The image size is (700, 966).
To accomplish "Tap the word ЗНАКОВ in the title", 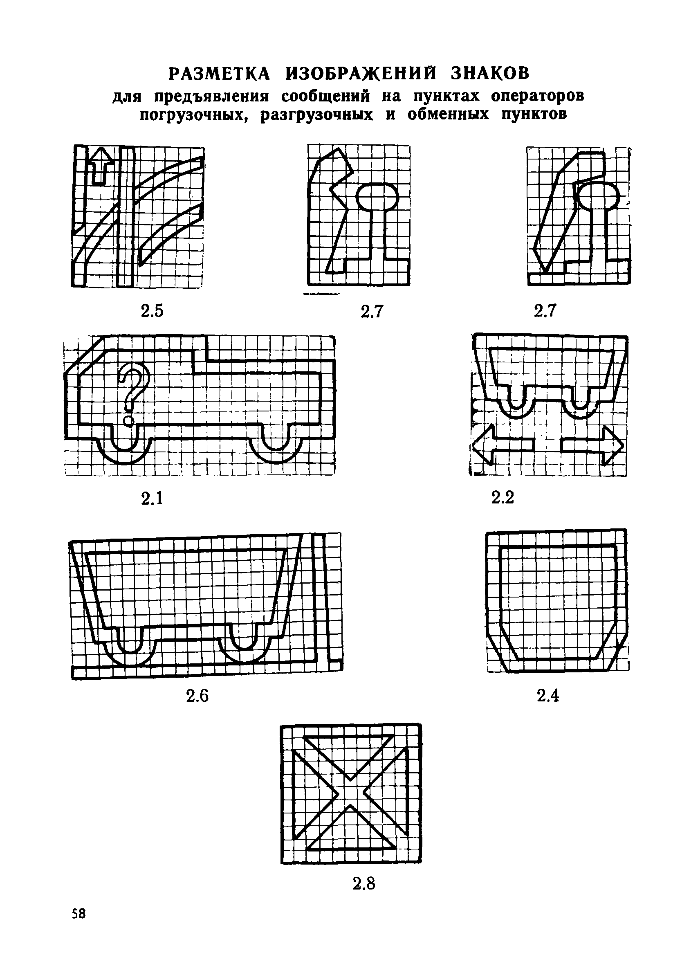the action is point(490,73).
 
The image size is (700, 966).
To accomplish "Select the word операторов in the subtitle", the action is point(537,96).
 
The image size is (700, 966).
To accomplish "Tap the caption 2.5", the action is point(152,311).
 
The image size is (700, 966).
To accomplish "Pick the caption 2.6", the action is point(197,696).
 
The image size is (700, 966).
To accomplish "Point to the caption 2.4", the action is point(548,696).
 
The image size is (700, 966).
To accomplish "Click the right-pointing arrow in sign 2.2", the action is point(593,445).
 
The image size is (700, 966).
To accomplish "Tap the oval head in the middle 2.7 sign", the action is point(377,196).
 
